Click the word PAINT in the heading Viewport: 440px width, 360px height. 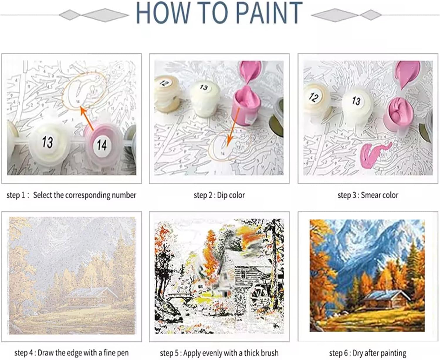coord(269,13)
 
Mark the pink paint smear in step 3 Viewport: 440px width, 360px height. coord(373,154)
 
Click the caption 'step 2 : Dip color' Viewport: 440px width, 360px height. coord(219,195)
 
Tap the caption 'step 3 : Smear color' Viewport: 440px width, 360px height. coord(368,195)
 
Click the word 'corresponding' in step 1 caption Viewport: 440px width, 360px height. coord(87,196)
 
